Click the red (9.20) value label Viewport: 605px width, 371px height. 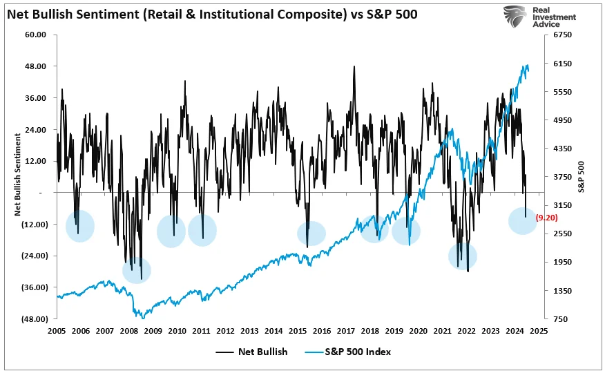pos(547,217)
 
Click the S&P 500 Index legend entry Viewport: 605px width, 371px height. pos(348,352)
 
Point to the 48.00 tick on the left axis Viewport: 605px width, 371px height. pos(35,66)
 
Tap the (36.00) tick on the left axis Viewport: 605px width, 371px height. pos(34,287)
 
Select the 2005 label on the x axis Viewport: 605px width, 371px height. pos(57,331)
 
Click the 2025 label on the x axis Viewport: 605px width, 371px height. pos(539,331)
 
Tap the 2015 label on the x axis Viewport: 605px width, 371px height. pos(298,331)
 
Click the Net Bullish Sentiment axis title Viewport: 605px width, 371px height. pos(16,176)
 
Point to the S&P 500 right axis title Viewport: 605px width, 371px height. pos(582,176)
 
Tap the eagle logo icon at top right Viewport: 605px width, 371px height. pos(516,16)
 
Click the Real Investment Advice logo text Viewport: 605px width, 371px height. pos(553,16)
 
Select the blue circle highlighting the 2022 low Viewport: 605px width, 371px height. pos(463,256)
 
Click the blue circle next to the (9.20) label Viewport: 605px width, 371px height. pos(522,220)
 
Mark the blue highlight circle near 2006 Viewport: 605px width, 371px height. pos(80,226)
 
